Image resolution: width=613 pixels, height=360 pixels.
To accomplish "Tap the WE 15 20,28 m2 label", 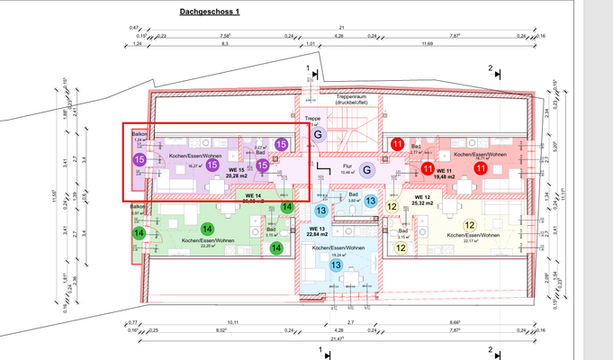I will (238, 173).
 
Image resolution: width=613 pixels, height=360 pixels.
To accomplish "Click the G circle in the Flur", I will (366, 169).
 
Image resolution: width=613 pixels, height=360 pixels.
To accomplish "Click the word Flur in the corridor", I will (347, 166).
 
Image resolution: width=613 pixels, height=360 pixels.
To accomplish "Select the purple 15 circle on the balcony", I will (140, 159).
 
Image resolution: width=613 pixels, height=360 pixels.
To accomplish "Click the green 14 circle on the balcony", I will (139, 233).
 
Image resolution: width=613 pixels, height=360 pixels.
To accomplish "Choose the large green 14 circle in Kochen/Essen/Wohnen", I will (206, 229).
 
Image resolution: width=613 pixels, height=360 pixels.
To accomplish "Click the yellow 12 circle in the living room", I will (469, 225).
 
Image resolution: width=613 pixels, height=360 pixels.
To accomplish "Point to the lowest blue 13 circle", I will (335, 265).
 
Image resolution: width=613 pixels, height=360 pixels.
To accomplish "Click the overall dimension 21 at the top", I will (342, 28).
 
